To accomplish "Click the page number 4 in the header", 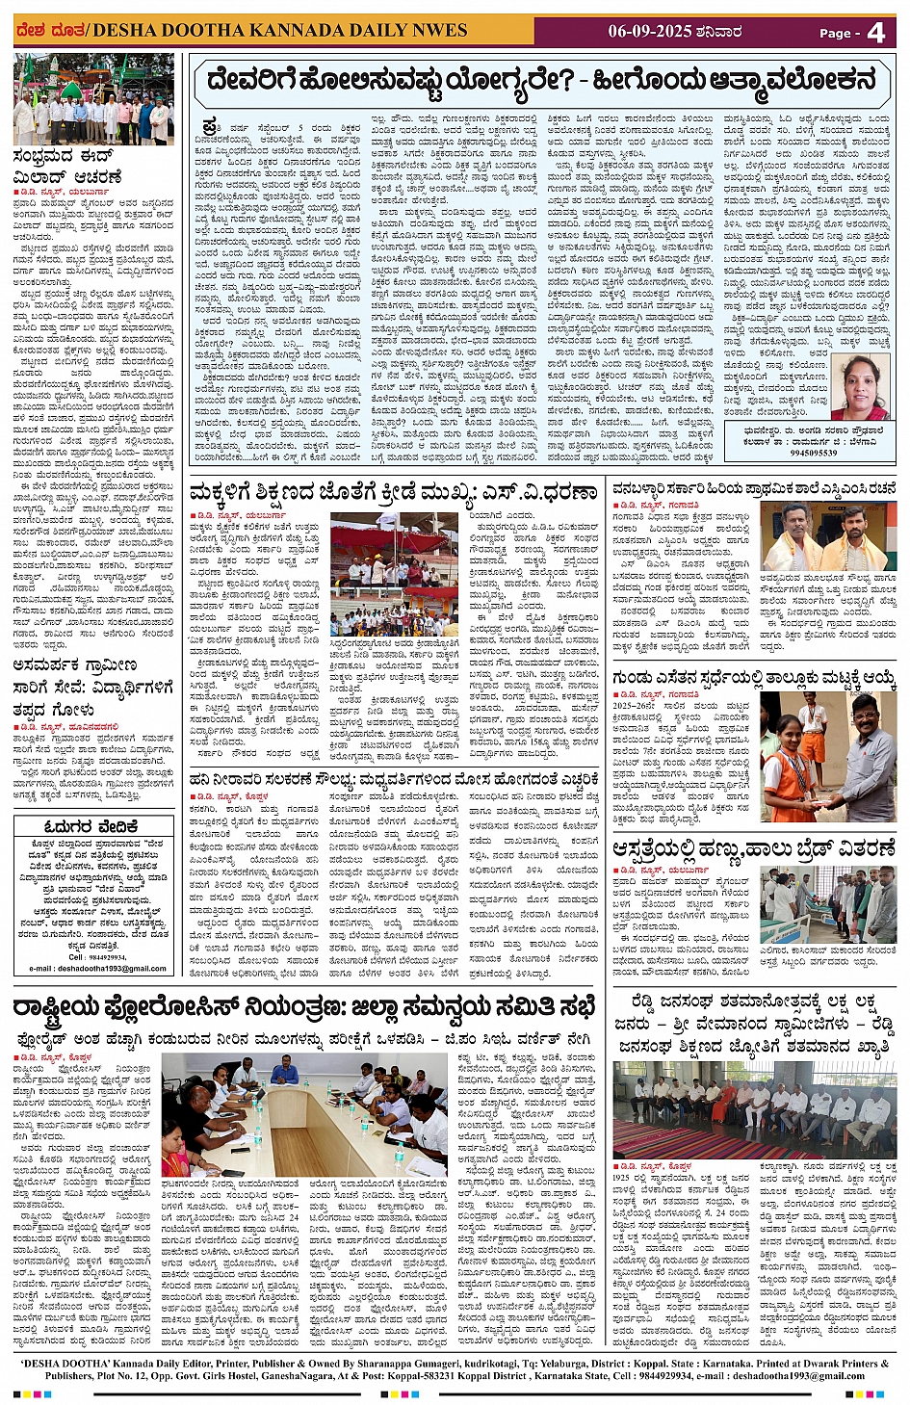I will pyautogui.click(x=875, y=33).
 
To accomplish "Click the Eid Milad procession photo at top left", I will pyautogui.click(x=93, y=100).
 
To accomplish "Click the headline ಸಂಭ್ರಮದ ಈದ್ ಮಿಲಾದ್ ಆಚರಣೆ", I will pyautogui.click(x=67, y=167).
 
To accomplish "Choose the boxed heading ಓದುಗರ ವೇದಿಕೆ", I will pyautogui.click(x=91, y=826).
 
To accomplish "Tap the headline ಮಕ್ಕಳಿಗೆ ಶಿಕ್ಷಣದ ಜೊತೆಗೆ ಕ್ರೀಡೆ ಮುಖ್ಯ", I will pyautogui.click(x=393, y=493).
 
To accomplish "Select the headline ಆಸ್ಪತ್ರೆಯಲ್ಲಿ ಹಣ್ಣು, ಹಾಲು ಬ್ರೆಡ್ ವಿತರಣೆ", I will pyautogui.click(x=754, y=849).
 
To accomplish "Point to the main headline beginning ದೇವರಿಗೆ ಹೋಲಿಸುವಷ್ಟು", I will pyautogui.click(x=541, y=81).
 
